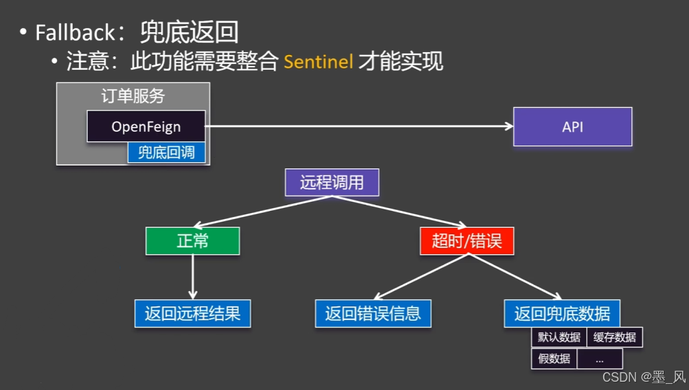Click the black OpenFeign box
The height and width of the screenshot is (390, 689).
[146, 126]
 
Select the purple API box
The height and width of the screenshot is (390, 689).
[572, 126]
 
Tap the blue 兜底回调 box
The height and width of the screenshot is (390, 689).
[166, 152]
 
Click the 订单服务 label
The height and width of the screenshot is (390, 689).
[133, 96]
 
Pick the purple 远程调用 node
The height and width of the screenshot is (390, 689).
[332, 183]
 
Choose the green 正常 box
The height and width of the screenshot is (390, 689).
[192, 241]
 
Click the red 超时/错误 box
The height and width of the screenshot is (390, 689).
[466, 241]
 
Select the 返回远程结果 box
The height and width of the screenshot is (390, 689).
[192, 313]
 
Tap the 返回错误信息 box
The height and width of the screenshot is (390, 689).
[373, 313]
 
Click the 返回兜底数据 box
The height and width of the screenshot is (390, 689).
[562, 313]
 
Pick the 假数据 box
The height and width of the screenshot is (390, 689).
[554, 358]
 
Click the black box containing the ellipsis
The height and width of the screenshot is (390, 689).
[600, 358]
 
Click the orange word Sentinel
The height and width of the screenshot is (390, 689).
[318, 62]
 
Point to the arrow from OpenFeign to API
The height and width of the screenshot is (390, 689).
[357, 126]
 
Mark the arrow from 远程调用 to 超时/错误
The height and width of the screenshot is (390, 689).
[398, 211]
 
